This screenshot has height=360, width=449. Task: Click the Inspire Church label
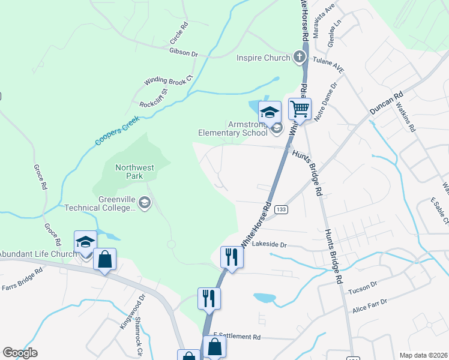click(264, 58)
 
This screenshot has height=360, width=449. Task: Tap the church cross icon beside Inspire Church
click(299, 58)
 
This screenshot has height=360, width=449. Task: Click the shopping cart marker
click(300, 109)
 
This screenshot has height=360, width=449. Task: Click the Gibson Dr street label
click(184, 53)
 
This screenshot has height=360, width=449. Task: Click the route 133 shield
click(282, 209)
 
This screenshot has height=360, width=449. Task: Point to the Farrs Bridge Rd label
click(22, 278)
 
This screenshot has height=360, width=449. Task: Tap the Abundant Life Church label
click(37, 254)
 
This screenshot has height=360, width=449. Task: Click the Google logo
click(20, 353)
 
